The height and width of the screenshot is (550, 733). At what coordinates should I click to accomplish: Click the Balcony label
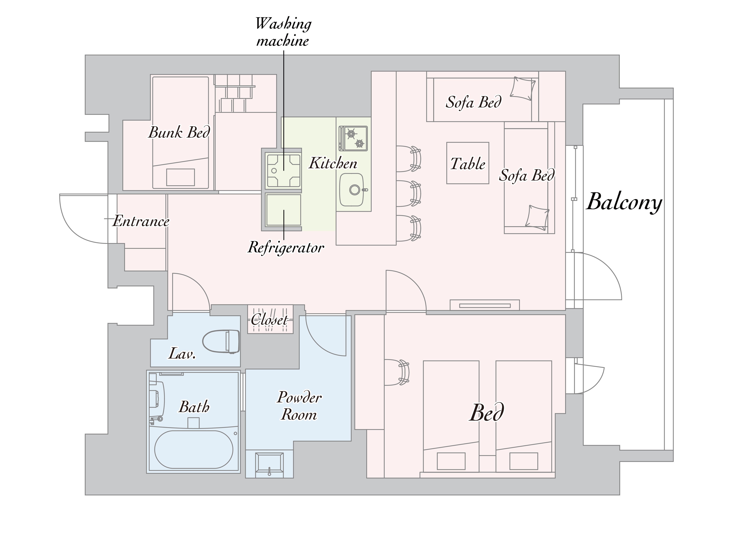tap(624, 202)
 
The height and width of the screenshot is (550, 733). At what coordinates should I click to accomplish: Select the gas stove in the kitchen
tap(353, 138)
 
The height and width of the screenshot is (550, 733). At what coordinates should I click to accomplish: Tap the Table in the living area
tap(468, 163)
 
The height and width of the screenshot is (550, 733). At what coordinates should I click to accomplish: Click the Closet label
tap(269, 320)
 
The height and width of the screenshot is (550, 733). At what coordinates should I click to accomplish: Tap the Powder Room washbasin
tap(269, 465)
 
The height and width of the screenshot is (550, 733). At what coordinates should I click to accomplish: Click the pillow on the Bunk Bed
tap(180, 177)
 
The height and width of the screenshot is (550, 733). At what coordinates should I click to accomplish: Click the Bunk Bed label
tap(179, 133)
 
